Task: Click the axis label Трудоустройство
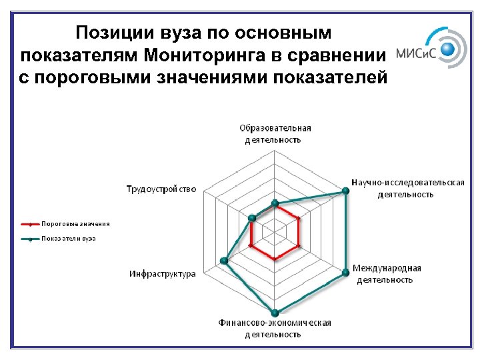click(161, 189)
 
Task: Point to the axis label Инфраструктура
click(163, 273)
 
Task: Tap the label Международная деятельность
click(386, 273)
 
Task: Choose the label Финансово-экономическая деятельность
click(275, 328)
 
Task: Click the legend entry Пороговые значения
click(75, 224)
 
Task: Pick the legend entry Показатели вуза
click(69, 238)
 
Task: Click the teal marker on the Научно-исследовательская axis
click(345, 191)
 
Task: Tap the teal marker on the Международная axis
click(345, 273)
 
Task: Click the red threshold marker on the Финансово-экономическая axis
click(275, 259)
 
